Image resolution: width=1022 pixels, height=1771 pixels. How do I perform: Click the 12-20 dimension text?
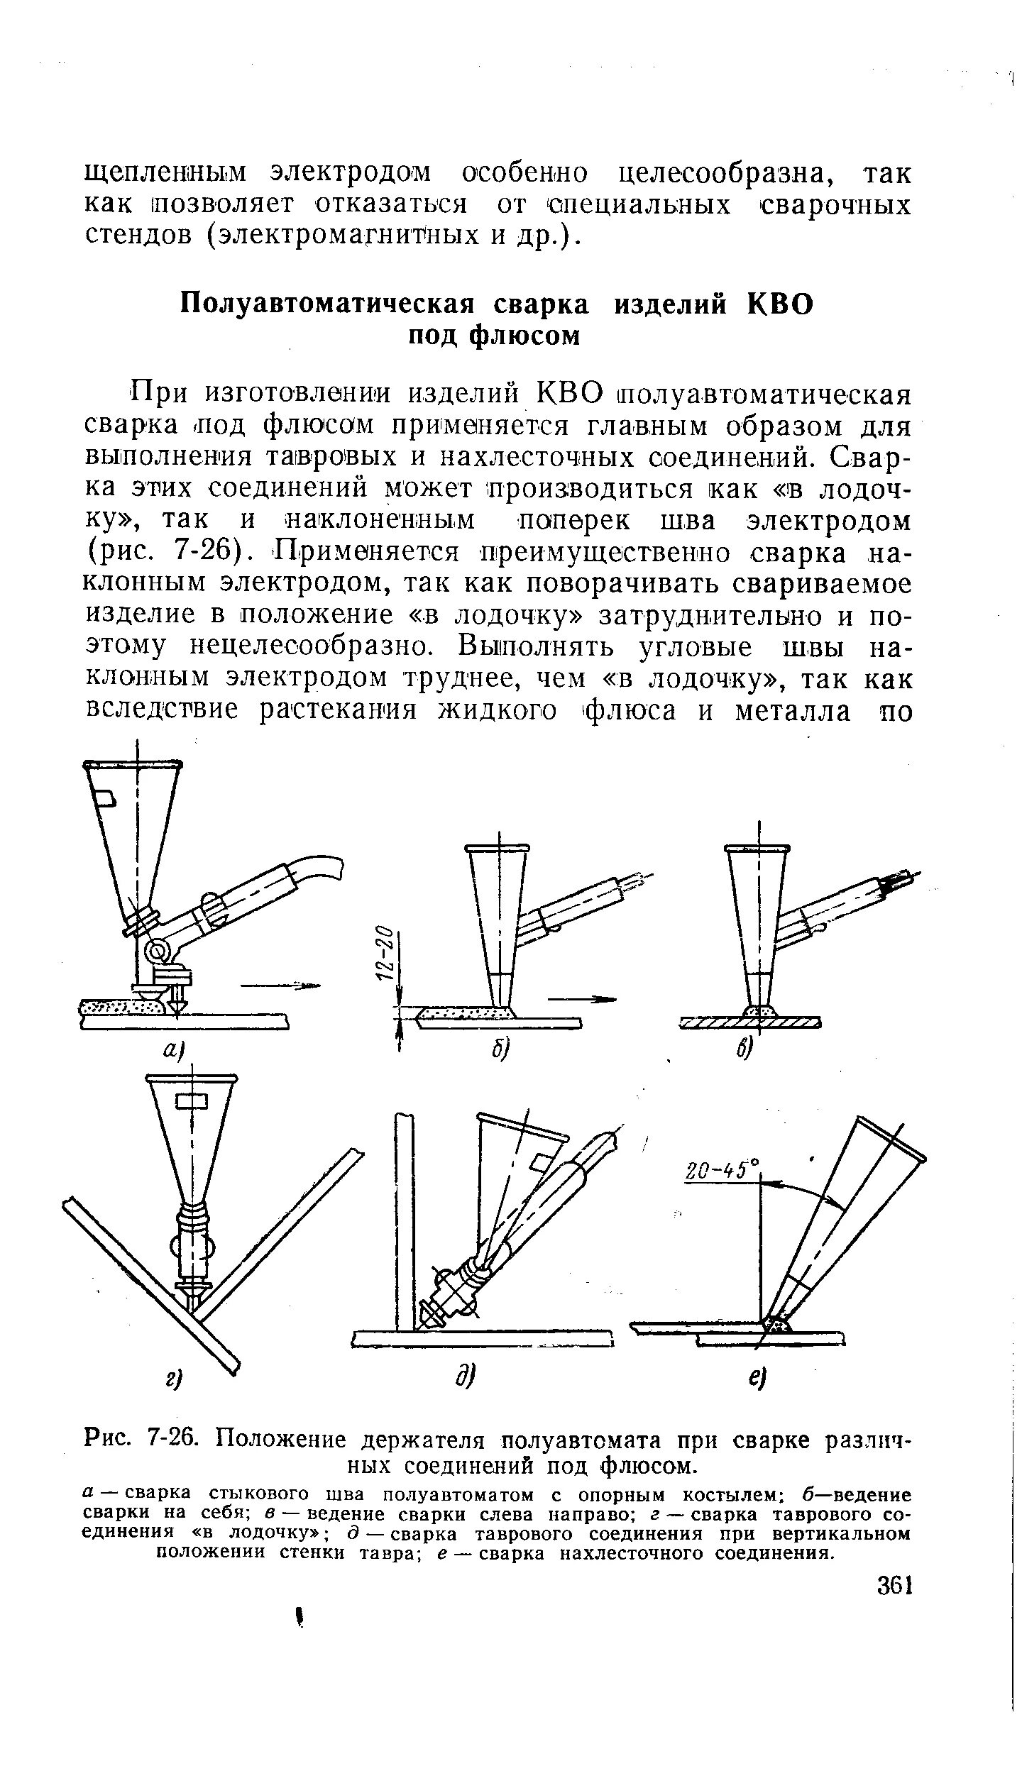click(x=384, y=954)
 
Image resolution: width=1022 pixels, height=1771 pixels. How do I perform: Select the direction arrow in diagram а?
click(x=280, y=985)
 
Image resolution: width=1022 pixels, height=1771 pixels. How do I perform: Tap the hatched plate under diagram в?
click(x=750, y=1022)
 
